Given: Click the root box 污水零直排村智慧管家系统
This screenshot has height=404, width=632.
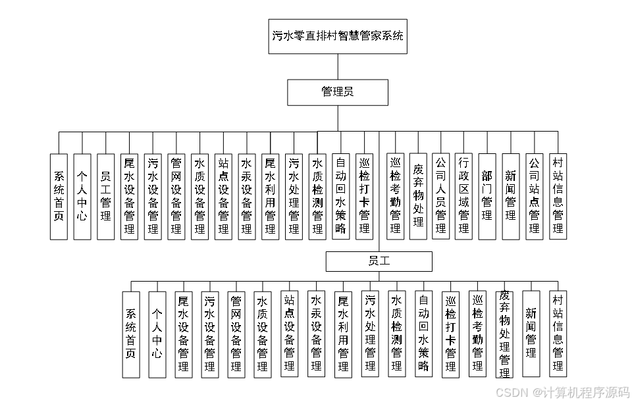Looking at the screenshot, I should (339, 36).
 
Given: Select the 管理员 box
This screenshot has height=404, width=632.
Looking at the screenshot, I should (338, 92).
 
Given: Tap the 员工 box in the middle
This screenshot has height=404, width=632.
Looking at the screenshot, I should (379, 261).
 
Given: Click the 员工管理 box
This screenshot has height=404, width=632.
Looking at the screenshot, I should (105, 196).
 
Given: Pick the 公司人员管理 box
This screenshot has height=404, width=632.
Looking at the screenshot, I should (440, 196).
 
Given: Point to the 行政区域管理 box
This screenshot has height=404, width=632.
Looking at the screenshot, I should (464, 196).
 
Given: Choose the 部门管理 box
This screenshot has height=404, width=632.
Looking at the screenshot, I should (487, 196).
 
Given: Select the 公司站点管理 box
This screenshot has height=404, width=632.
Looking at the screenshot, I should (534, 196).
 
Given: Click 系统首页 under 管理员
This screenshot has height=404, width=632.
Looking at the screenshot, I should (59, 196).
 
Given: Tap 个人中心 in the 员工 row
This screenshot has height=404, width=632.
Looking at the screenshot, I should (157, 334).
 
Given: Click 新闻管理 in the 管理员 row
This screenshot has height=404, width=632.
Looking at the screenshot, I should (511, 196).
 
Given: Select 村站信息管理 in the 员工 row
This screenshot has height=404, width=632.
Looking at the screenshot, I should (558, 334).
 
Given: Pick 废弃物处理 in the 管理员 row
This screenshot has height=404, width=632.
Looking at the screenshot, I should (417, 196).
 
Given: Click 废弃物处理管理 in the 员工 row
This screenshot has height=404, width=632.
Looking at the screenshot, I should (505, 334).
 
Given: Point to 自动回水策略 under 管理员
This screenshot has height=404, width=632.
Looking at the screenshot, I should (340, 196).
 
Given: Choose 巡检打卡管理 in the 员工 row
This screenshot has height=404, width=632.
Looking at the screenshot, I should (451, 334).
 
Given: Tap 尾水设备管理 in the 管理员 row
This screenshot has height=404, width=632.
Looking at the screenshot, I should (129, 196).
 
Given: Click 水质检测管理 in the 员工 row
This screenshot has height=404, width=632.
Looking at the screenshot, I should (396, 334).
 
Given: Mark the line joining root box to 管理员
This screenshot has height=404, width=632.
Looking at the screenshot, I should (338, 66).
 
